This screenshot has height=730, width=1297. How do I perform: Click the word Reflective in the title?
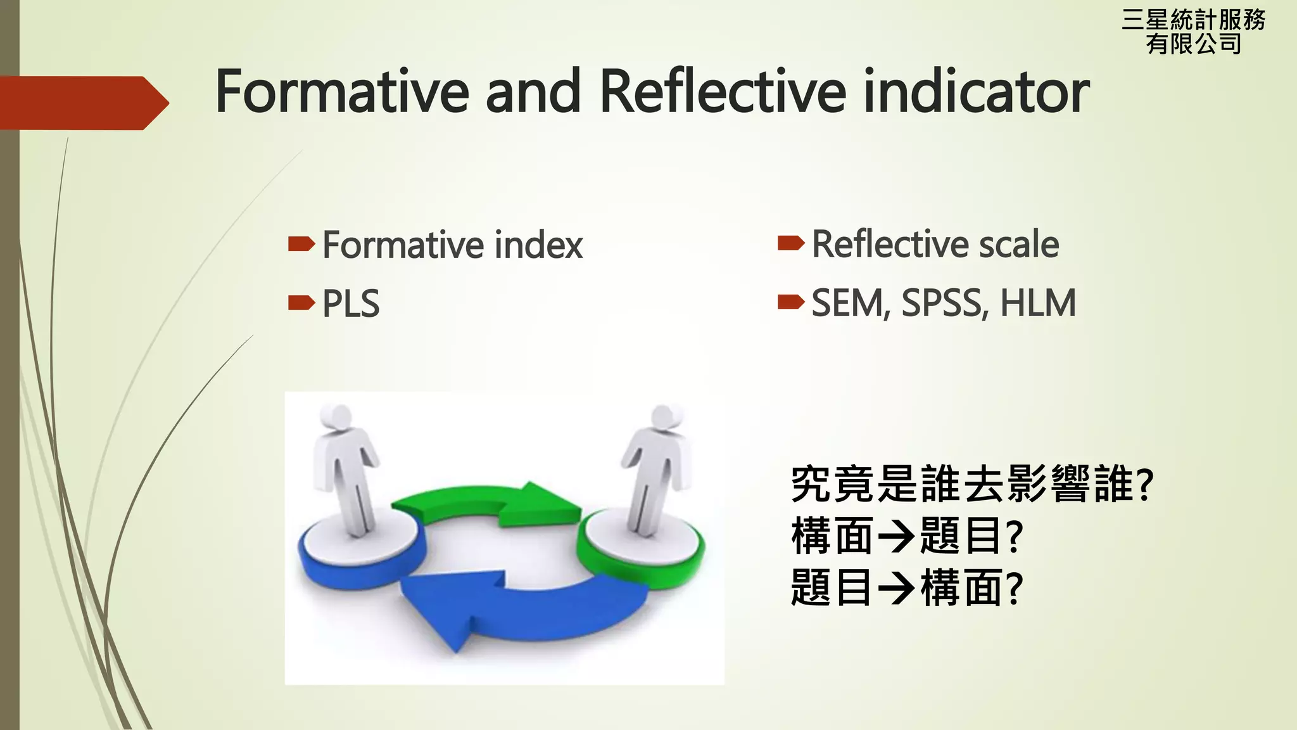point(722,92)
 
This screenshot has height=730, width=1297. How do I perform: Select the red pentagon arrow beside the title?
point(82,103)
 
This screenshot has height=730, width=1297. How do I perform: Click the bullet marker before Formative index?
point(301,244)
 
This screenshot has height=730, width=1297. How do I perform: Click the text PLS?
point(351,304)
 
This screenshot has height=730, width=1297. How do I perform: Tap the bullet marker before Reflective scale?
point(790,243)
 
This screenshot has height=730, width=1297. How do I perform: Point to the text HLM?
point(1038,303)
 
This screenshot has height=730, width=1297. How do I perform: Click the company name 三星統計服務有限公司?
point(1193,32)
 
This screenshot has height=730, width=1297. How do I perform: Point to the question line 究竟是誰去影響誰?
point(972,485)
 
